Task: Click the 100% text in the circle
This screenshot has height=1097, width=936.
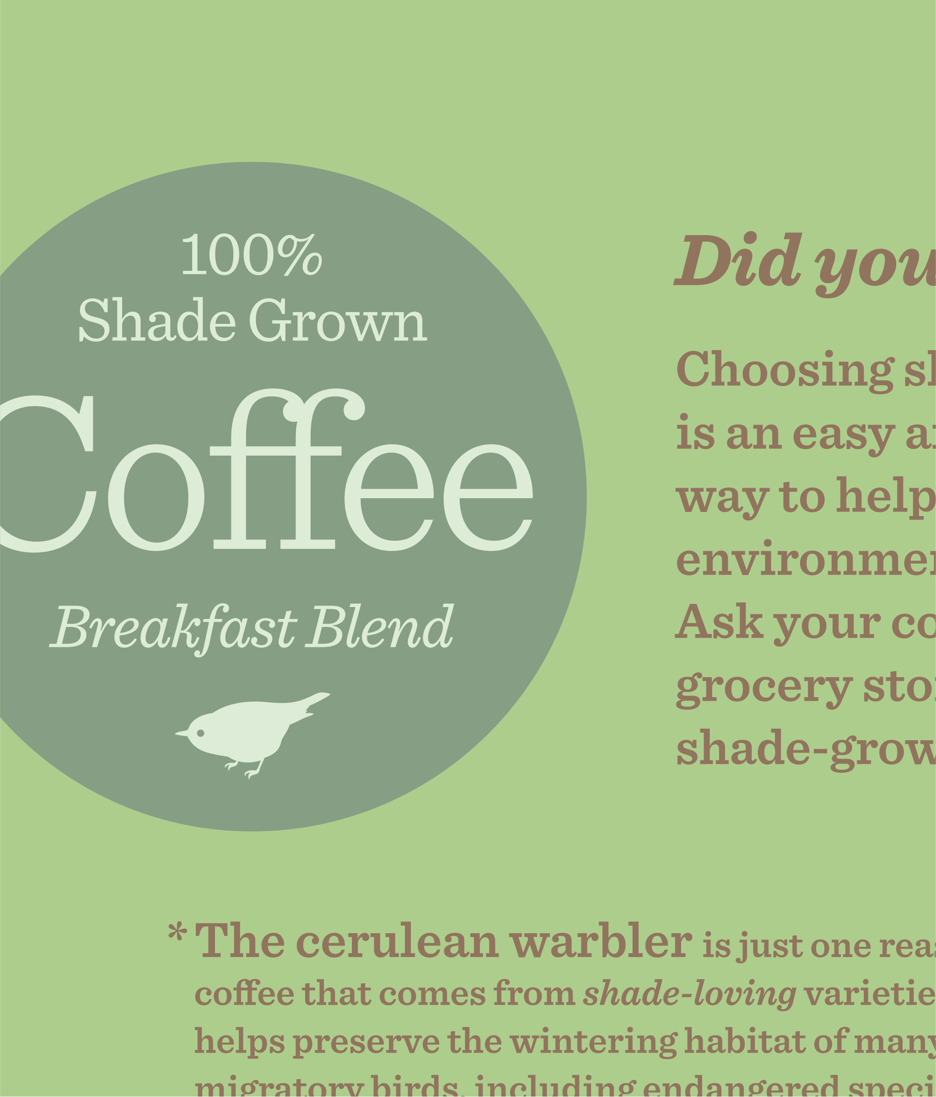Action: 252,255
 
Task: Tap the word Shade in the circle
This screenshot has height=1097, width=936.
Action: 157,320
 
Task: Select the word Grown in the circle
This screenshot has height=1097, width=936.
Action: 338,320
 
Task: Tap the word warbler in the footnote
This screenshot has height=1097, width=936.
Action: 600,942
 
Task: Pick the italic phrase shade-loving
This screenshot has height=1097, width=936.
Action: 689,994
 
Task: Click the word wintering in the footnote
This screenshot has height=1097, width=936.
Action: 593,1042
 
